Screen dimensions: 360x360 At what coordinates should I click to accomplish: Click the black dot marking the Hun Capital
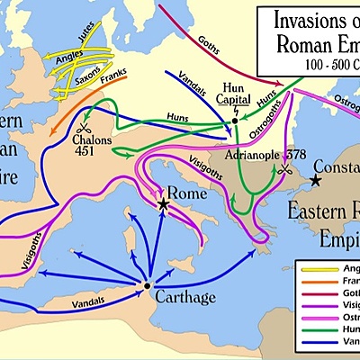[x=234, y=120]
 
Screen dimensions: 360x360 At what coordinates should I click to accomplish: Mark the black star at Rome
[x=163, y=205]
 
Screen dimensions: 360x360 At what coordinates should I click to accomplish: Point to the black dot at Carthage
[x=147, y=286]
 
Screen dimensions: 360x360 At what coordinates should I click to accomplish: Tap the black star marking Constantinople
[x=315, y=180]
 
